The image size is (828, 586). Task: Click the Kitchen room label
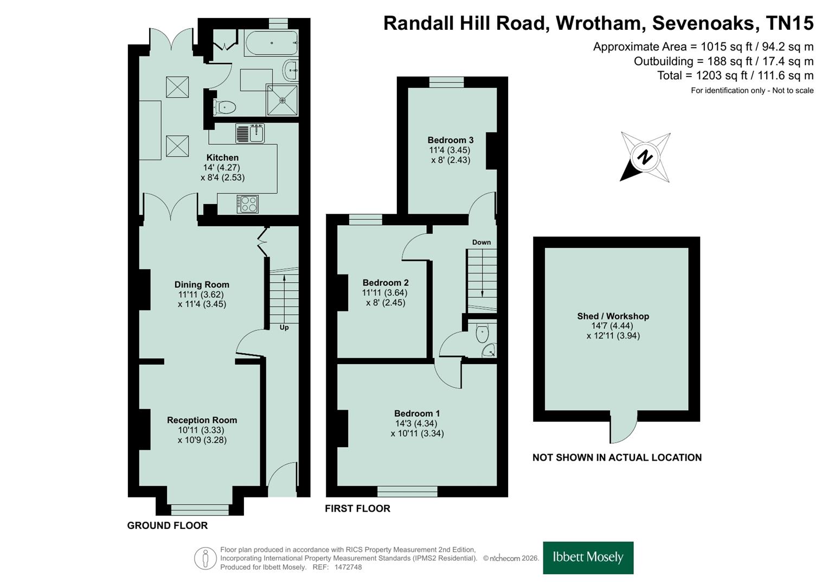click(x=222, y=157)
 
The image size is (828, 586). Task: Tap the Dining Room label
click(x=202, y=284)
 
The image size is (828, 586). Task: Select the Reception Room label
click(x=202, y=420)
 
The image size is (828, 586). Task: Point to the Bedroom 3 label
click(x=450, y=140)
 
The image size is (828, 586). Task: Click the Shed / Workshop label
click(x=613, y=316)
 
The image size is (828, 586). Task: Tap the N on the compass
click(x=645, y=157)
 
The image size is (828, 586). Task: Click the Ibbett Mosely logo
click(x=588, y=558)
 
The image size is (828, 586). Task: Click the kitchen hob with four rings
click(x=248, y=204)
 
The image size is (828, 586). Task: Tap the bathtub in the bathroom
click(x=271, y=43)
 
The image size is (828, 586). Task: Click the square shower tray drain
click(x=283, y=100)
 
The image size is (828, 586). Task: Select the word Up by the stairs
click(x=284, y=327)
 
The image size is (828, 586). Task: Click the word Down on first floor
click(x=482, y=243)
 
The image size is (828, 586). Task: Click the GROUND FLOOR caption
click(x=168, y=525)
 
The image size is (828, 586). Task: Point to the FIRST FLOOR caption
click(x=357, y=508)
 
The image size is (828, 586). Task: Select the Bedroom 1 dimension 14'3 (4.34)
click(x=416, y=423)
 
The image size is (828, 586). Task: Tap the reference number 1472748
click(x=348, y=567)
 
